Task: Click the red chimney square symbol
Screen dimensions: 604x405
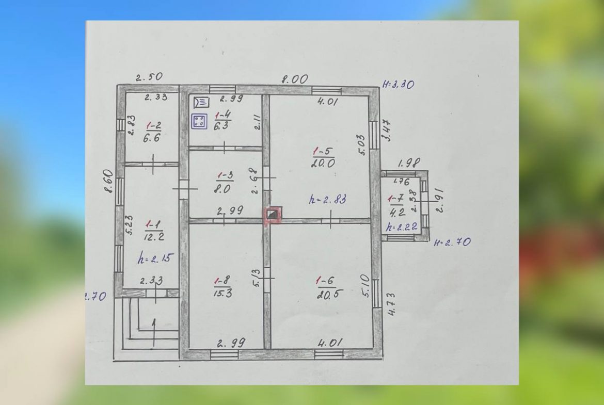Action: tap(273, 215)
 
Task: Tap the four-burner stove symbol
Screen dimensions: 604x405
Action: tap(199, 121)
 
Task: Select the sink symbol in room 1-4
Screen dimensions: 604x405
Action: tap(201, 102)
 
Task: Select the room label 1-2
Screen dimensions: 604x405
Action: tap(153, 125)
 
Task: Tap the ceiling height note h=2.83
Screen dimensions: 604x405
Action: tap(327, 200)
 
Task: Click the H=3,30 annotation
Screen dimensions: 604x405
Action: tap(399, 84)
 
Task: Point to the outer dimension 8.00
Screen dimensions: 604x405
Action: tap(294, 79)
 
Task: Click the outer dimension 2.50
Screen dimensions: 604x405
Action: tap(149, 77)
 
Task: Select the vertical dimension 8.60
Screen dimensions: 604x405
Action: tap(109, 181)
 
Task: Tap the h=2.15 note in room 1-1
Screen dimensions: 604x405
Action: tap(155, 258)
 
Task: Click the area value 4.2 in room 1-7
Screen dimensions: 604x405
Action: tap(397, 212)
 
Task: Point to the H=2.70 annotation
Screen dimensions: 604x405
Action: tap(452, 242)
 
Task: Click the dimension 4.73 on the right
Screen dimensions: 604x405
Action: tap(391, 304)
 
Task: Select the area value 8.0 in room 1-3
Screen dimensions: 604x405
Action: tap(223, 189)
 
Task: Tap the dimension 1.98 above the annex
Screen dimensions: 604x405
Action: tap(409, 163)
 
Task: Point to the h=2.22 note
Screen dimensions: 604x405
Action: tap(402, 227)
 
